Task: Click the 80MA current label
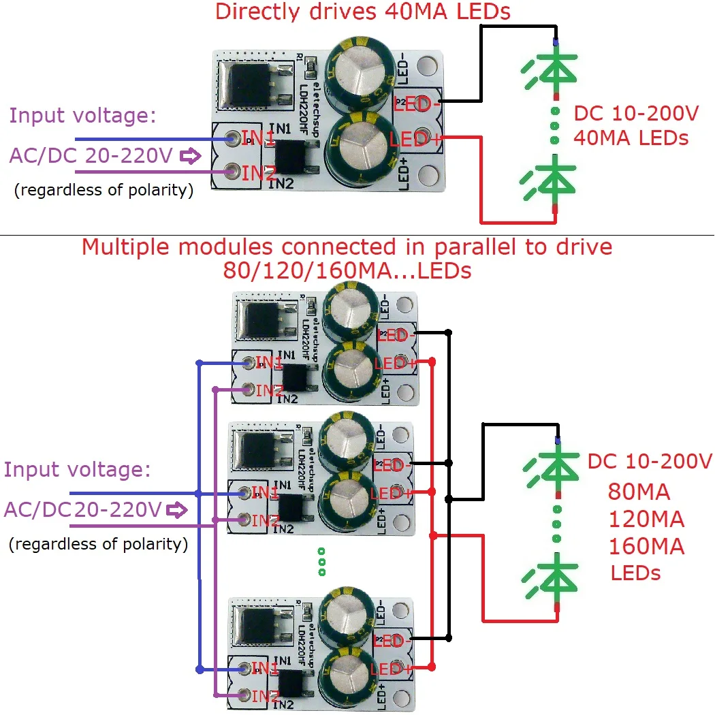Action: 639,492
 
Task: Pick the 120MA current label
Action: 646,520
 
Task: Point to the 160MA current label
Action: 646,546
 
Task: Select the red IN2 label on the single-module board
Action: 259,173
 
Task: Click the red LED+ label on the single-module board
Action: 414,140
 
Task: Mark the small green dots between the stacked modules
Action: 321,562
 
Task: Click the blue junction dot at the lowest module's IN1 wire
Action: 199,669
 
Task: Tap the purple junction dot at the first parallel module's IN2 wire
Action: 215,390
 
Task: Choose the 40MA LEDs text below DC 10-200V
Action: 631,138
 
